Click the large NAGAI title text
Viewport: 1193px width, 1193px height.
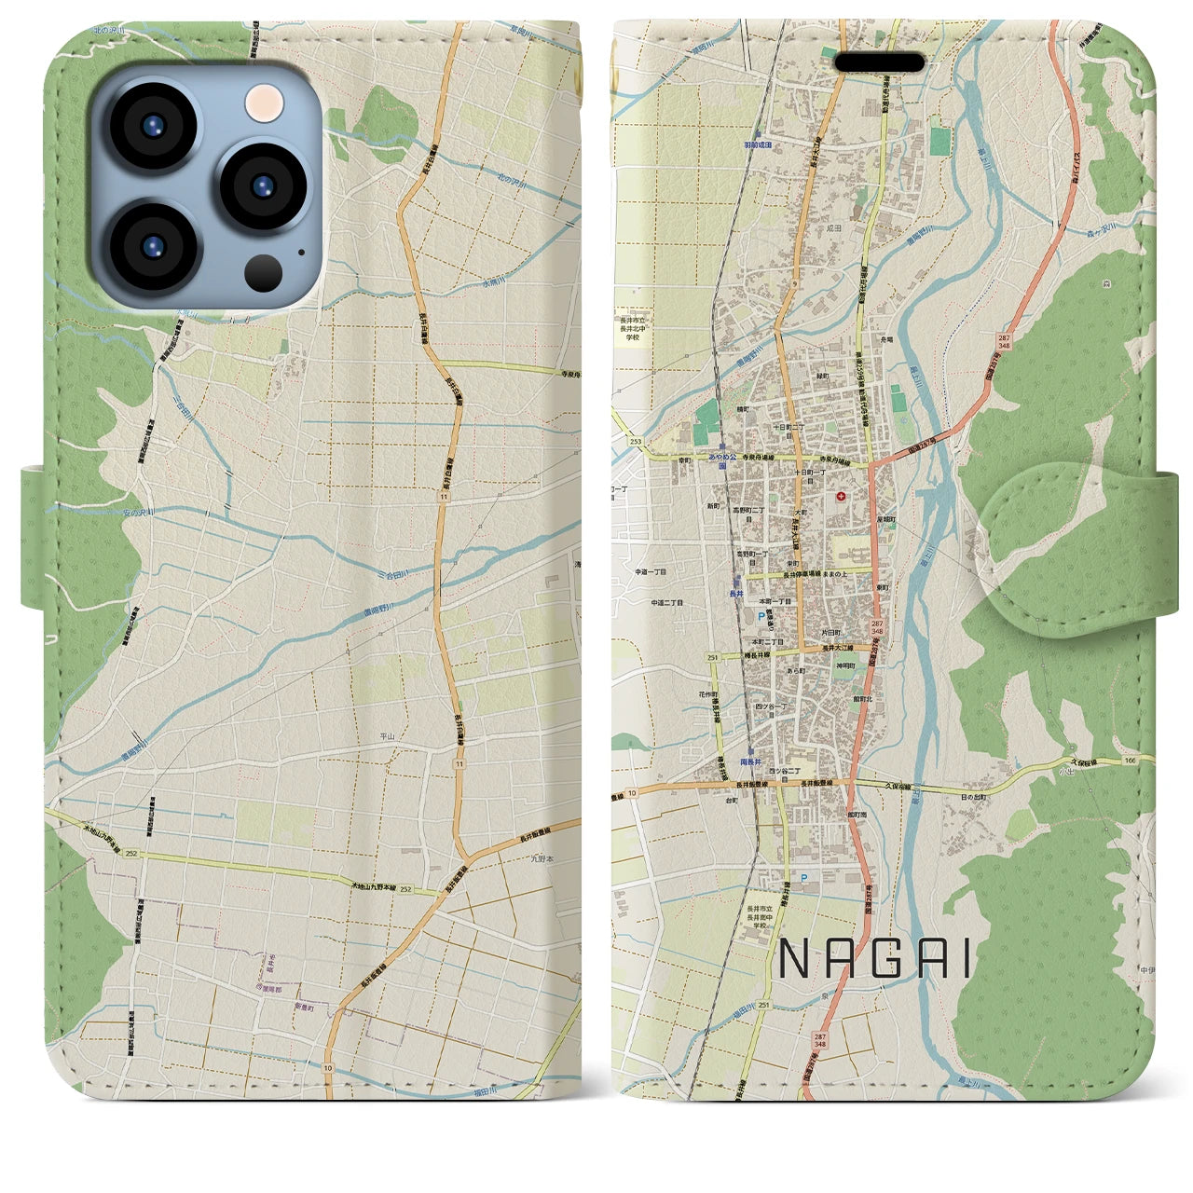873,958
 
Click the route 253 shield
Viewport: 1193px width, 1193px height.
635,441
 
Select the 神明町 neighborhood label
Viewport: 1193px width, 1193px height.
845,665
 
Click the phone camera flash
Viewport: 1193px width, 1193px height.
266,98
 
